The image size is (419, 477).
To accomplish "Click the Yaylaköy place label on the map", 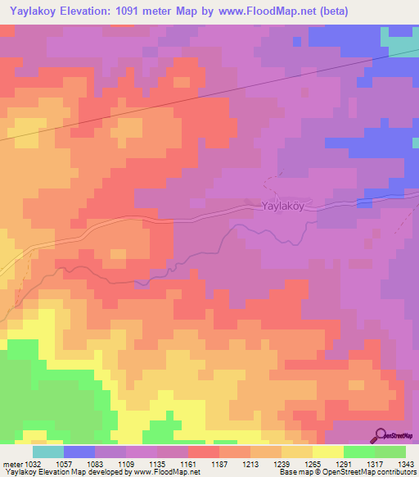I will pos(282,207).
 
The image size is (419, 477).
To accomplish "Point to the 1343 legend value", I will pos(405,463).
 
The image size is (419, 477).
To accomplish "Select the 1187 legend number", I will pos(219,463).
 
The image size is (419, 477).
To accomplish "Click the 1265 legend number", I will pos(312,463).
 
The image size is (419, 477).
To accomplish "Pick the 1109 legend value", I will pos(126,463).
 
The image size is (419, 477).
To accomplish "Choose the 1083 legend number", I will pos(95,463).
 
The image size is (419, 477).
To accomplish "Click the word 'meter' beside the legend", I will pos(11,463).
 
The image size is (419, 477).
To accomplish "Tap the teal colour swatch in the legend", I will pos(48,452).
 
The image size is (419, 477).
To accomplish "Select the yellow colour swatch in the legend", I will pos(327,452).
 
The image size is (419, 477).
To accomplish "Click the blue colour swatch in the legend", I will pos(79,452).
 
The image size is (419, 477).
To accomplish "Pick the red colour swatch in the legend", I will pos(203,452).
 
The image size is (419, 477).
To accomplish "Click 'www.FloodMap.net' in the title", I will pos(258,11).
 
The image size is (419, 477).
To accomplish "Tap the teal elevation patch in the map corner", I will pos(402,41).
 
